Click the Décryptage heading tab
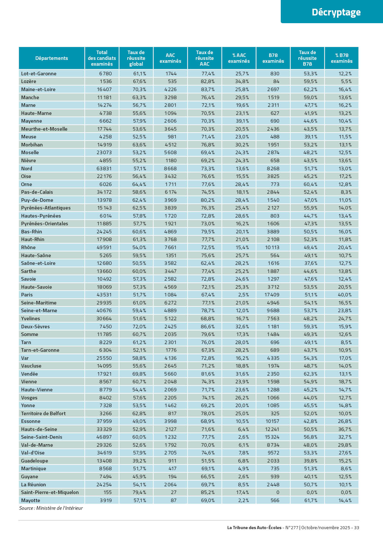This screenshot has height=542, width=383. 336,12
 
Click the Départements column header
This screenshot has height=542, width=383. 51,58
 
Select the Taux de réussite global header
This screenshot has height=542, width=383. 136,58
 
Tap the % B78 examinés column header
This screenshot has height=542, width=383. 342,58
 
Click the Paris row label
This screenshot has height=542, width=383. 27,295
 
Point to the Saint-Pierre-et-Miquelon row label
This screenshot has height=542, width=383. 50,492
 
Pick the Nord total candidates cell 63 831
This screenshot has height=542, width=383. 105,169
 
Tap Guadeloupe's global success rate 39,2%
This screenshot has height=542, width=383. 139,461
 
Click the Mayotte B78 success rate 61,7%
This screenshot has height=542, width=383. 311,500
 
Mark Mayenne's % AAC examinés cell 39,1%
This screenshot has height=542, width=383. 242,121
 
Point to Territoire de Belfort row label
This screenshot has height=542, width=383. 43,414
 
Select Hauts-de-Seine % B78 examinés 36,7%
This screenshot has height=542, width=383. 345,429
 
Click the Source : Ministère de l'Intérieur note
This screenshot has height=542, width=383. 51,508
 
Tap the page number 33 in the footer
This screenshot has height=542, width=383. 356,528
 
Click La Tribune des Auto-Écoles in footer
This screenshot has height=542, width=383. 254,528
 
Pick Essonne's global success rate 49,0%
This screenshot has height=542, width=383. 139,421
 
